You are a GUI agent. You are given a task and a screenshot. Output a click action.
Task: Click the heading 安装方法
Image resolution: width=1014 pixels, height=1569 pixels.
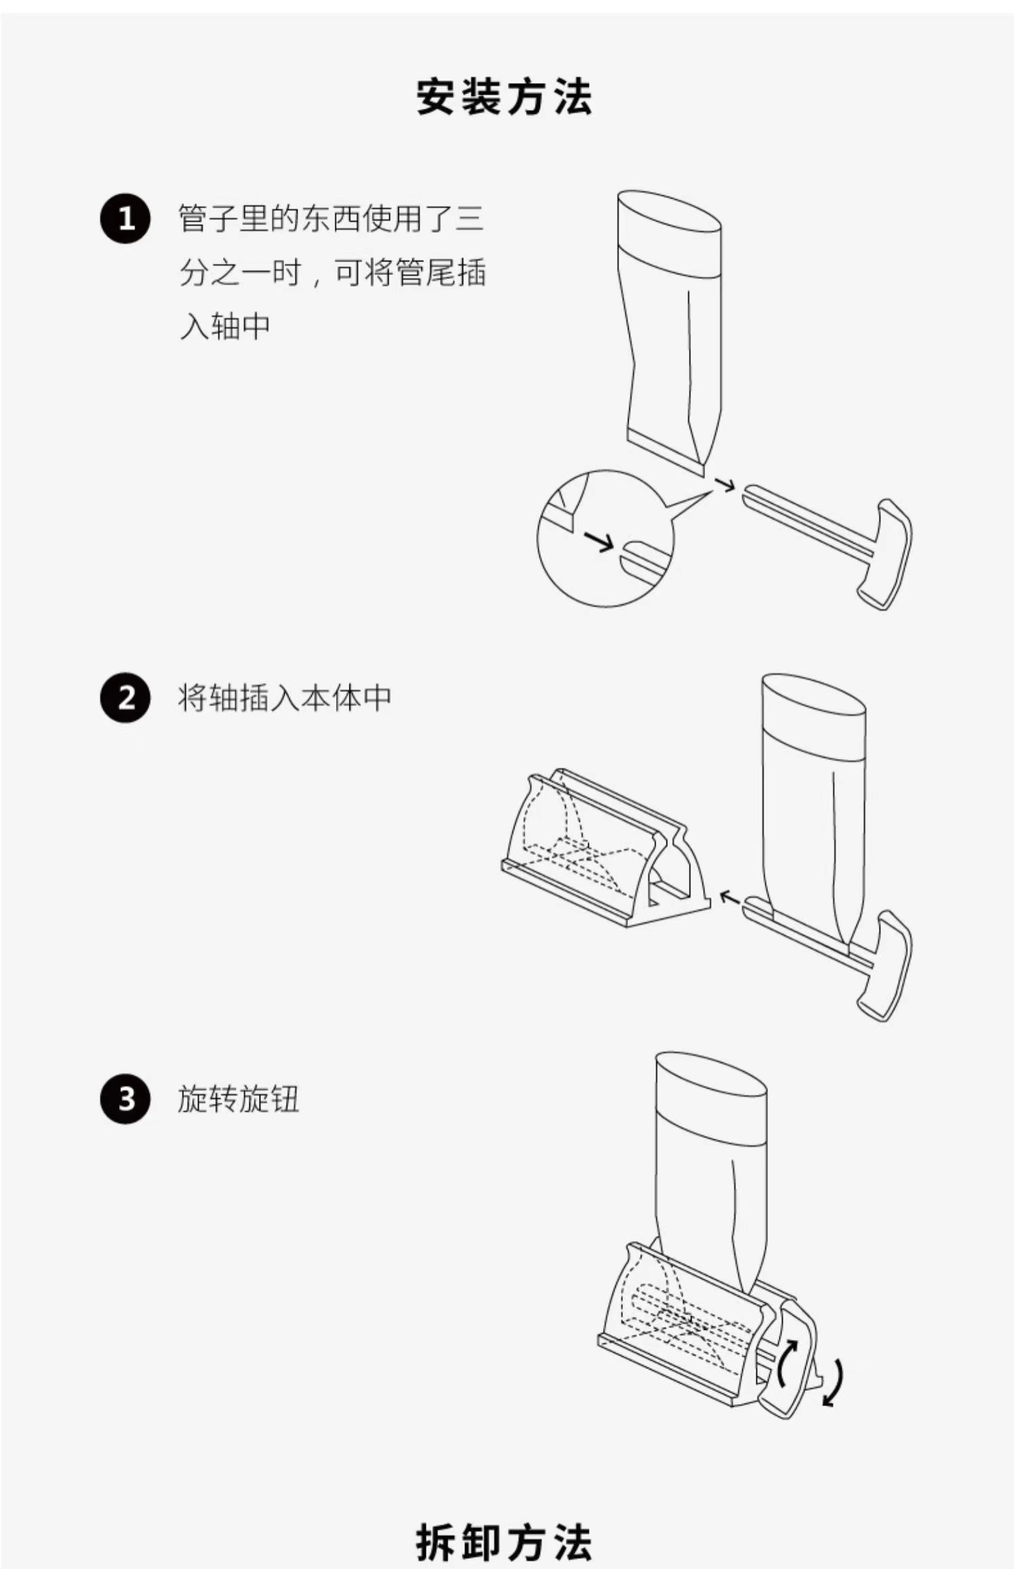504,97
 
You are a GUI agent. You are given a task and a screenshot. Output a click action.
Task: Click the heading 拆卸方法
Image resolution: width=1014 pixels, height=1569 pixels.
504,1542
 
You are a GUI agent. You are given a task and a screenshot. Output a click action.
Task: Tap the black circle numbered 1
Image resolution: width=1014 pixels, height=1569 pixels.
126,219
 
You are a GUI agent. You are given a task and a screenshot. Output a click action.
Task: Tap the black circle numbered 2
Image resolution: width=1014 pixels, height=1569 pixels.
126,697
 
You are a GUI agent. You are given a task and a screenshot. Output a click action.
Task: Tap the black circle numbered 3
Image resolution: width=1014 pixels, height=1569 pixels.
126,1099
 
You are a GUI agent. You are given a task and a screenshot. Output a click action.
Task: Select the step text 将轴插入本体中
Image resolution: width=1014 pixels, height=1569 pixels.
285,697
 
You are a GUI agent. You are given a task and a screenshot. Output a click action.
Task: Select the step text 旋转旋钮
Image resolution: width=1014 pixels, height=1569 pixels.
238,1099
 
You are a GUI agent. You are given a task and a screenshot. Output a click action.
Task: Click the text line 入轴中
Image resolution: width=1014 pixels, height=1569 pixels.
225,327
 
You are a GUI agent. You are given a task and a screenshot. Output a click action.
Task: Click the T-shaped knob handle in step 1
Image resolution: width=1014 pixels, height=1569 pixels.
886,554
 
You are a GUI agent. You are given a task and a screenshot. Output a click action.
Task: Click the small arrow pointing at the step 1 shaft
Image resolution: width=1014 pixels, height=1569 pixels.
725,484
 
